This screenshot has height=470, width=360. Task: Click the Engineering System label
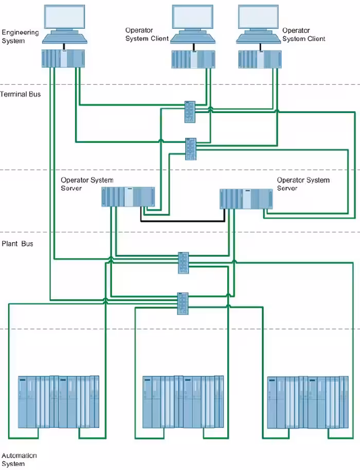pos(21,37)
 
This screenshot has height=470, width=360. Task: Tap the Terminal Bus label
pos(21,94)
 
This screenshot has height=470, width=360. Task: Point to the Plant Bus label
pos(17,243)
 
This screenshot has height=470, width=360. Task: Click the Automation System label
pos(20,460)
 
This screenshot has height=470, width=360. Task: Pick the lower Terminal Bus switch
pos(191,148)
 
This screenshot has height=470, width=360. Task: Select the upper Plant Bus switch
pos(184,263)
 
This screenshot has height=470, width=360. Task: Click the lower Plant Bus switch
pos(183,303)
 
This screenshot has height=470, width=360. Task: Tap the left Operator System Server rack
pos(128,197)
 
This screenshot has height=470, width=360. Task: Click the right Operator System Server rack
pos(246,199)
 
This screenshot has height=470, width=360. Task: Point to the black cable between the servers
pos(183,221)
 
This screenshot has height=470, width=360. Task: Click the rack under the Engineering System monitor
pos(63,59)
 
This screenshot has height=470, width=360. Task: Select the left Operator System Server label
pos(87,184)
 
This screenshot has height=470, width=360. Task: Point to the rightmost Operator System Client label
pos(303,34)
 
